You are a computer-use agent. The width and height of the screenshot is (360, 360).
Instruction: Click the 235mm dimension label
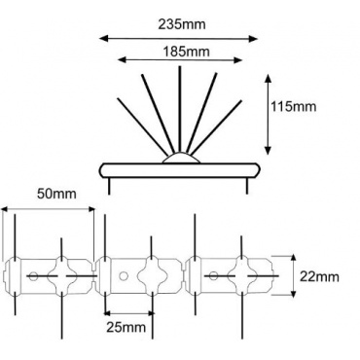click(182, 24)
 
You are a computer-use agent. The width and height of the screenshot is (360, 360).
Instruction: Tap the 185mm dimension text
click(186, 52)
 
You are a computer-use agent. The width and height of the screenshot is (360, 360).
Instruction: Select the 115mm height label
click(294, 107)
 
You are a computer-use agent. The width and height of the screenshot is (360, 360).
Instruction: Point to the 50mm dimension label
click(56, 194)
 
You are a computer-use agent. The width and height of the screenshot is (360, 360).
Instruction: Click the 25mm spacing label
click(126, 328)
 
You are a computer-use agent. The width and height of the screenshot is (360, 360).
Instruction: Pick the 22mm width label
click(319, 277)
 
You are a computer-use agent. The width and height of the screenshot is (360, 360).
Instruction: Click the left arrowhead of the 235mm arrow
click(104, 39)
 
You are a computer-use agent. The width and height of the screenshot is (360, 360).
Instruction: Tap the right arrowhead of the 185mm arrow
click(238, 60)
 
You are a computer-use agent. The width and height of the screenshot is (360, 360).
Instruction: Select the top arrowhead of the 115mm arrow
click(268, 79)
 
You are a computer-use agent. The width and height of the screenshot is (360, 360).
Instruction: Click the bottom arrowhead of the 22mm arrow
click(293, 293)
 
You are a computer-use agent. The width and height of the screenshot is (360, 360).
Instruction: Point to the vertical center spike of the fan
click(180, 109)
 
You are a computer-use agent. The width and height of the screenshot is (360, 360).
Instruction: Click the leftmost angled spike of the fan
click(143, 126)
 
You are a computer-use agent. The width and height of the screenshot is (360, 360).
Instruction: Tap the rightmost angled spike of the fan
click(217, 126)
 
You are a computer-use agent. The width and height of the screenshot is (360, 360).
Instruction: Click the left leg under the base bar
click(109, 186)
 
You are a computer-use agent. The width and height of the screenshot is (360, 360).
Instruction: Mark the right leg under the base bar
click(247, 186)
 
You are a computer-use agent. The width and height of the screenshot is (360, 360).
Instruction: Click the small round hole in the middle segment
click(123, 276)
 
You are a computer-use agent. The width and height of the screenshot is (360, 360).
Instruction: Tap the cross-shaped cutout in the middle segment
click(152, 275)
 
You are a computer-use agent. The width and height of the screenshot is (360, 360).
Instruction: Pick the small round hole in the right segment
click(213, 276)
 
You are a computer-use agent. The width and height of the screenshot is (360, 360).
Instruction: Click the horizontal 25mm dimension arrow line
click(129, 313)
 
